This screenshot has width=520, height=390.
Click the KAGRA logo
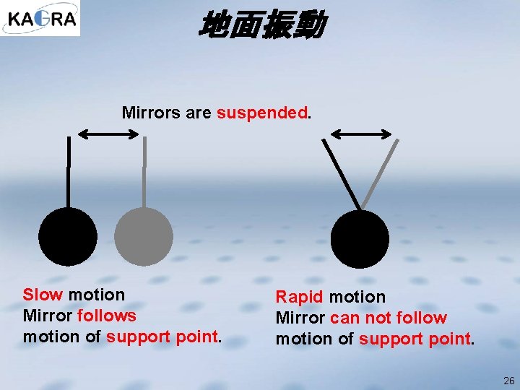[40, 18]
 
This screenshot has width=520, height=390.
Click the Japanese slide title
[261, 25]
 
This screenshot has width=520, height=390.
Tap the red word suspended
[262, 113]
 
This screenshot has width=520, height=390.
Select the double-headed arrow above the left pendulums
[108, 134]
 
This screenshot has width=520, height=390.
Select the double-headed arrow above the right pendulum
[361, 134]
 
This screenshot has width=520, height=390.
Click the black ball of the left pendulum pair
[68, 236]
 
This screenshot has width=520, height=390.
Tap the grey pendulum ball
[144, 236]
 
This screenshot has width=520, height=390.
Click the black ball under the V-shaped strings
[360, 238]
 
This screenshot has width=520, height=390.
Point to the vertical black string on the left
[68, 173]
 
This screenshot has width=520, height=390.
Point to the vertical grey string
[144, 173]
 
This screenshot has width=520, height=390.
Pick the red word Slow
[43, 295]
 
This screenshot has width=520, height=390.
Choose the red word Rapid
[299, 297]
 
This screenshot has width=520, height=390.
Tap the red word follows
[106, 316]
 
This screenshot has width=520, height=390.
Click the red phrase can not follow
[389, 318]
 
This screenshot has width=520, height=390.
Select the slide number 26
[508, 381]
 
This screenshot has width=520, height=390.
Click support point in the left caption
[162, 337]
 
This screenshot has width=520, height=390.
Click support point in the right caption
[415, 339]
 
